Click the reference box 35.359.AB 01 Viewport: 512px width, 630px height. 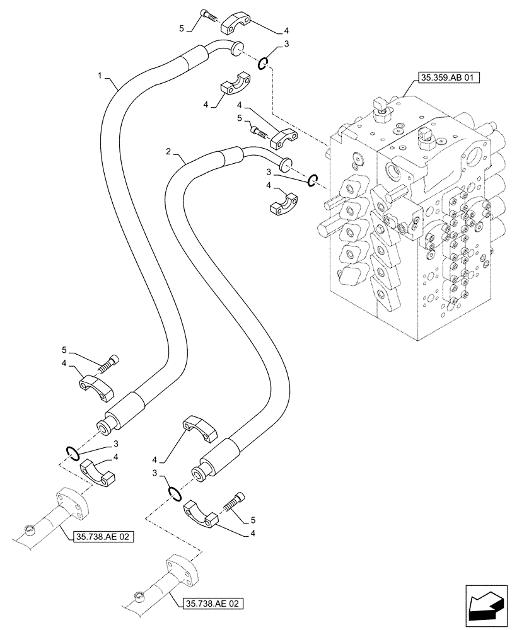[x=448, y=79]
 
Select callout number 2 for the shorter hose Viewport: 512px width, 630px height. [x=168, y=152]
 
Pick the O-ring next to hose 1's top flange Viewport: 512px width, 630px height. [x=265, y=62]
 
